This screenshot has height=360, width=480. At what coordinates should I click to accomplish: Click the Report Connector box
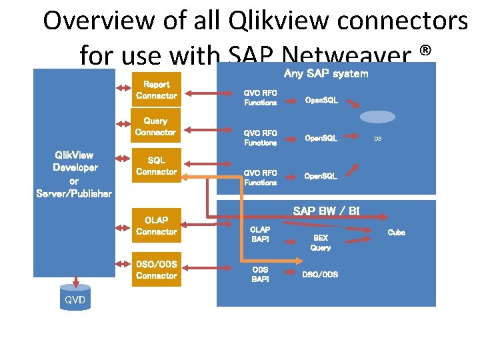coord(157,90)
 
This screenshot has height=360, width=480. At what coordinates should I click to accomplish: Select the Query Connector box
coord(156,127)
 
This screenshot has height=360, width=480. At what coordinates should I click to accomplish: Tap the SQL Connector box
coord(156,166)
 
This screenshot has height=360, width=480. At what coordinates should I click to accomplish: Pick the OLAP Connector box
coord(156,225)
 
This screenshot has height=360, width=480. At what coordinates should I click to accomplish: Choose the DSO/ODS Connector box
coord(156,270)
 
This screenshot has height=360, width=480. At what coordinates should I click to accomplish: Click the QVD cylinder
coord(75,298)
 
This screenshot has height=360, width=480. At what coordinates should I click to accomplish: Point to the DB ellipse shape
coord(377,116)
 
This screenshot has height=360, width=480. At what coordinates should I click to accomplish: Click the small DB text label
coord(377,139)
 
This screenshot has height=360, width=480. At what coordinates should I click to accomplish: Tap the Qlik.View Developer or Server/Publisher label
coord(73,174)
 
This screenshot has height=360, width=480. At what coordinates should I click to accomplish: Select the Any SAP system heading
coord(325,73)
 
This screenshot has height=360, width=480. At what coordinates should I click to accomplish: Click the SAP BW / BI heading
coord(326,211)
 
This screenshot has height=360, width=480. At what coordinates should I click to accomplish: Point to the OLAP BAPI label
coord(260,233)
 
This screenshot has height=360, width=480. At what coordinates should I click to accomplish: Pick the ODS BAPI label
coord(260,274)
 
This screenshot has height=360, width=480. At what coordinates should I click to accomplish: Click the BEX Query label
coord(320,242)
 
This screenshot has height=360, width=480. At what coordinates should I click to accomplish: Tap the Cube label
coord(396,233)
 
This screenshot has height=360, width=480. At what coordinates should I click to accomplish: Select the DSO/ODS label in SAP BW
coord(320,274)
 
